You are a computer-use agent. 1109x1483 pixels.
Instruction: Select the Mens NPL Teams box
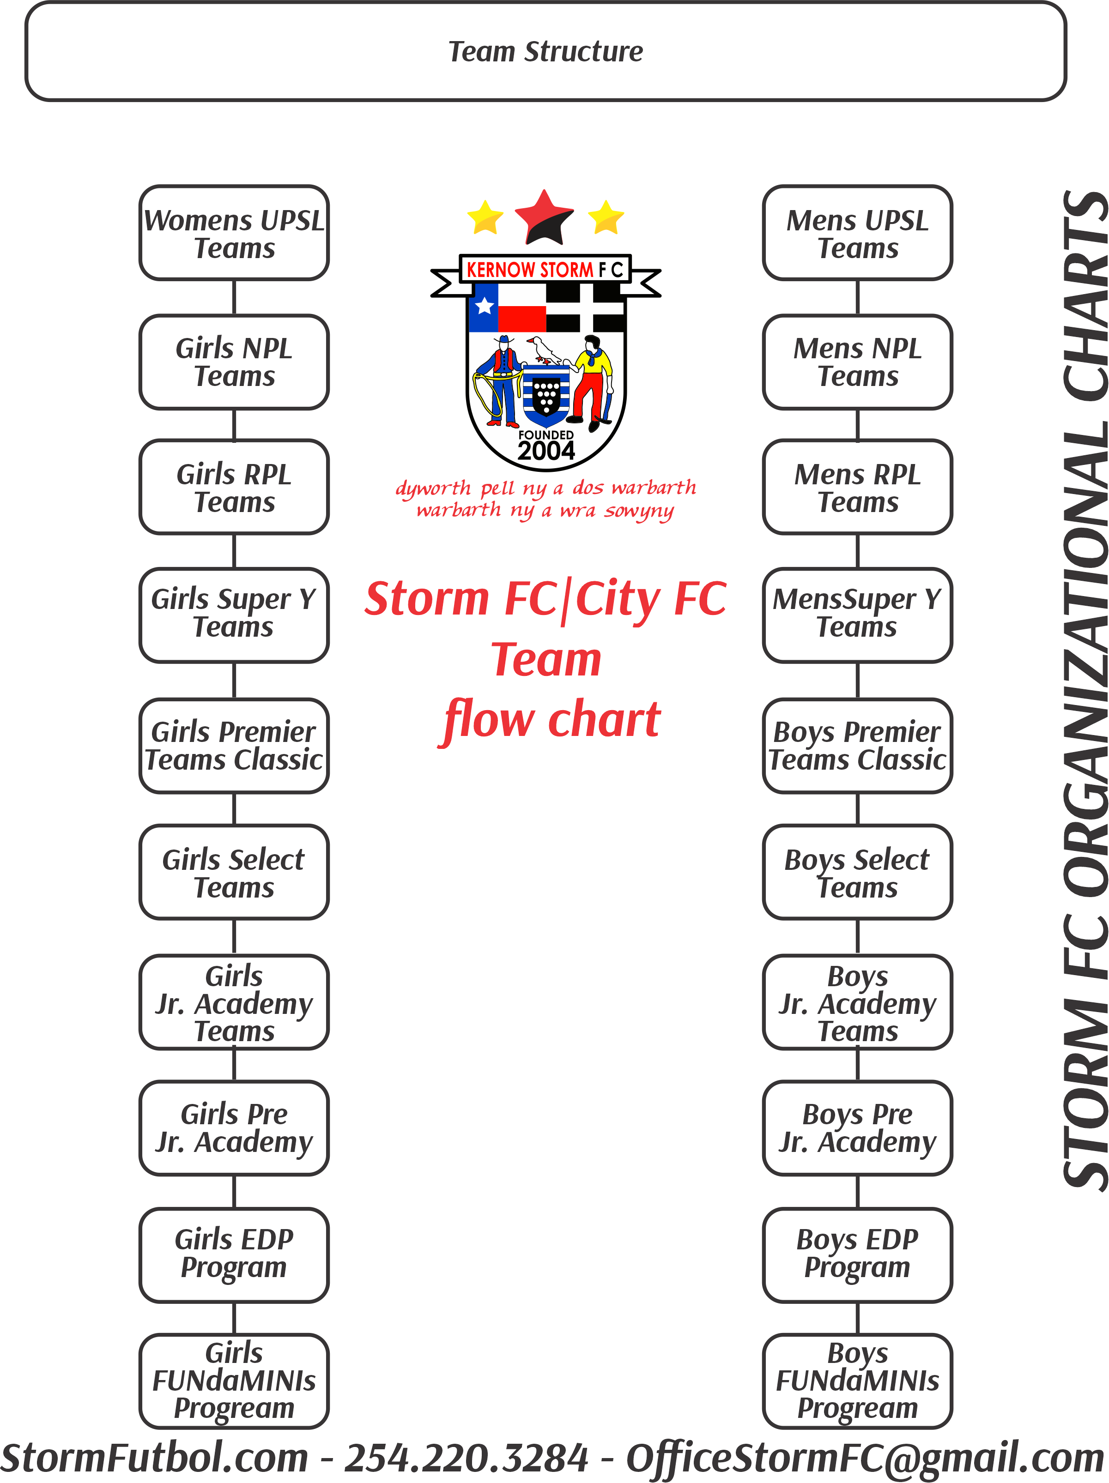click(x=857, y=362)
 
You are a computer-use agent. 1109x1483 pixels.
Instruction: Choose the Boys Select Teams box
click(x=857, y=872)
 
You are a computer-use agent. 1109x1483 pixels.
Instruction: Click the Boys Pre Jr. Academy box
click(x=857, y=1127)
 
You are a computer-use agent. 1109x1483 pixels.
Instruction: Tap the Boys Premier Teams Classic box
click(x=857, y=746)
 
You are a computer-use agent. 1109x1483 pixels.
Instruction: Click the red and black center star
click(x=544, y=218)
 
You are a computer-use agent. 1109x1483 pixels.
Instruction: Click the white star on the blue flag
click(x=484, y=307)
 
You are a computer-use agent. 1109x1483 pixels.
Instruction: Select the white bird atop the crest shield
click(x=544, y=350)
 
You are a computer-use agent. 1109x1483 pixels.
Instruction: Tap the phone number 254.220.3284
click(x=466, y=1458)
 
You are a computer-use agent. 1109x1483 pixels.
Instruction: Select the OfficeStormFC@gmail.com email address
click(x=864, y=1458)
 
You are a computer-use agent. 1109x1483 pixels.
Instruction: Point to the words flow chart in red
click(x=551, y=719)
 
